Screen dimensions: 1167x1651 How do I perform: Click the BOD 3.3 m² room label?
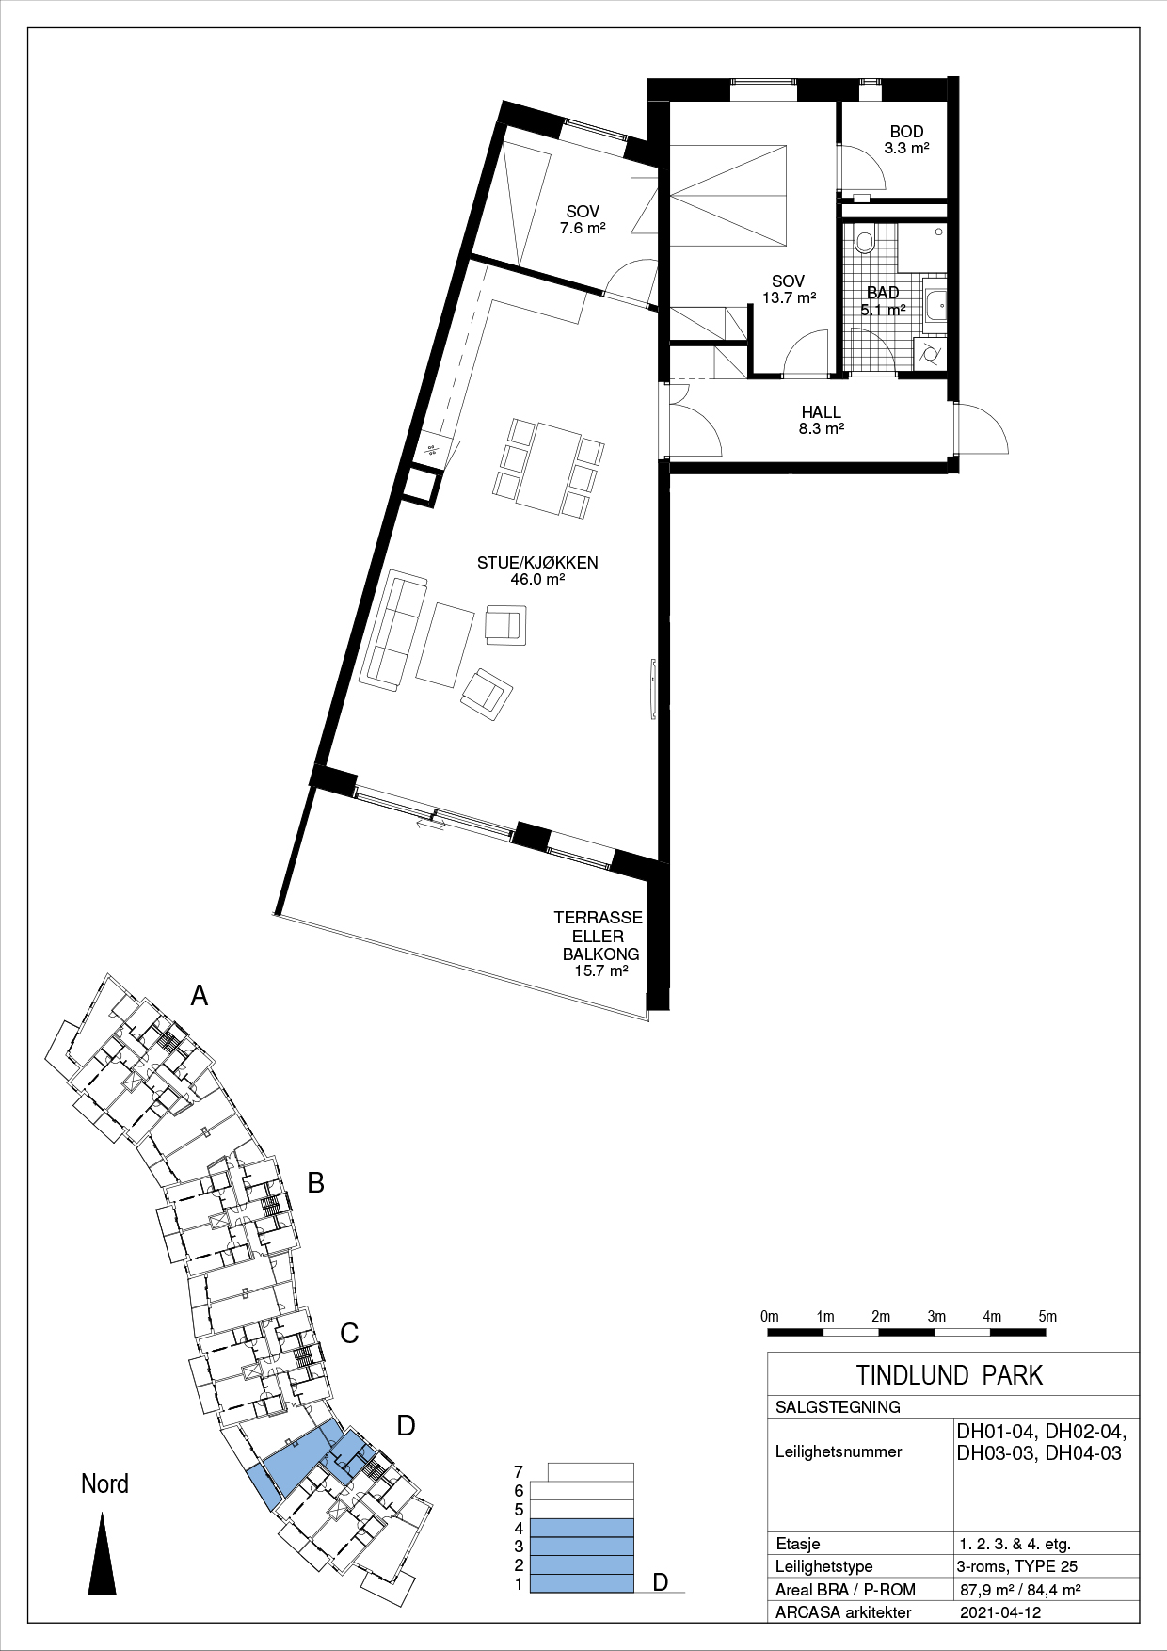[x=906, y=139]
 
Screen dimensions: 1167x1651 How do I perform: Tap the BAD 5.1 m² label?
[x=883, y=300]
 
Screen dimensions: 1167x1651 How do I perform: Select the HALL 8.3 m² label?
[x=822, y=420]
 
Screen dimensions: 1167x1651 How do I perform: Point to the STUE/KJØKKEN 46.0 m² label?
[x=537, y=570]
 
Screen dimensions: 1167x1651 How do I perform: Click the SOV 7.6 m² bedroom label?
[x=583, y=219]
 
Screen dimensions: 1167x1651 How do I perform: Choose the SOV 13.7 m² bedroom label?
[x=789, y=289]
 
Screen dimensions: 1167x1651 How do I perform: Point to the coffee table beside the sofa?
[x=445, y=646]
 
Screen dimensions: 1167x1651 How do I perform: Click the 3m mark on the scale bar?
[x=935, y=1317]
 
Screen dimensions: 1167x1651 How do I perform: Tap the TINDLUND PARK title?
[x=950, y=1375]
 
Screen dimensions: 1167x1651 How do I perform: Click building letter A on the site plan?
[x=199, y=995]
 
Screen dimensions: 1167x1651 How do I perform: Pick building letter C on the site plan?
[x=349, y=1333]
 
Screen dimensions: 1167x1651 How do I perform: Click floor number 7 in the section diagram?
[x=519, y=1472]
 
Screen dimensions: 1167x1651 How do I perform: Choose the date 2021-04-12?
[x=1000, y=1612]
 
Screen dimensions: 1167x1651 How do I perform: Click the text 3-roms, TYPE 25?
[x=1016, y=1566]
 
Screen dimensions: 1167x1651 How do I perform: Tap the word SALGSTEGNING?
[x=838, y=1407]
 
